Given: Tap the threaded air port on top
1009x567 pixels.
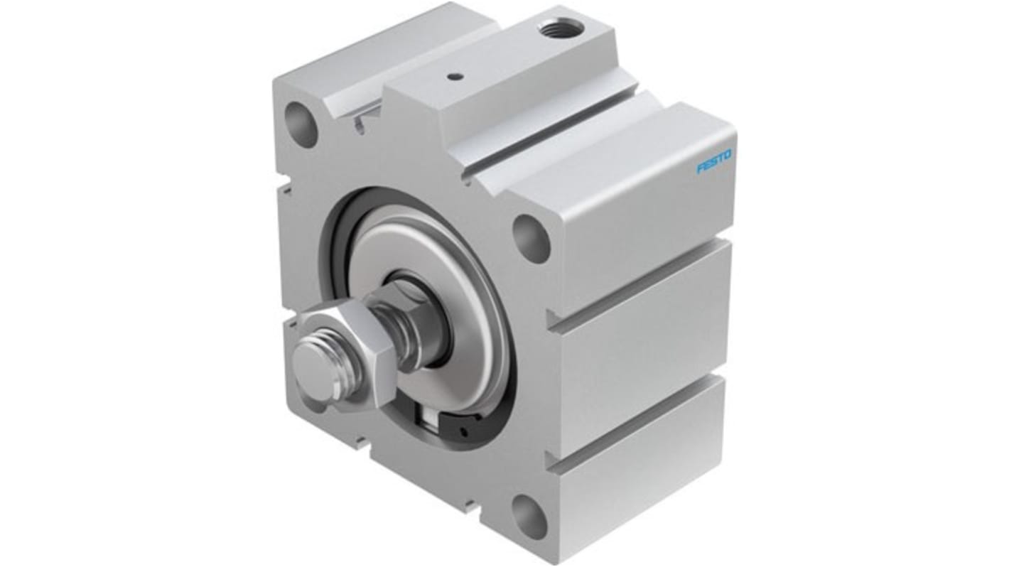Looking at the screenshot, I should coord(561,28).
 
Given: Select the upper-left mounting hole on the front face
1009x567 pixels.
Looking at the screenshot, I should coord(301,125).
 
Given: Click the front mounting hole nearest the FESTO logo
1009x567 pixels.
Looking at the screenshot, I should coord(531,238).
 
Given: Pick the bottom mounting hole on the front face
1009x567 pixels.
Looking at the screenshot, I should coord(529,517).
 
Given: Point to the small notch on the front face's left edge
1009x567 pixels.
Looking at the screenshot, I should coord(284,188).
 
